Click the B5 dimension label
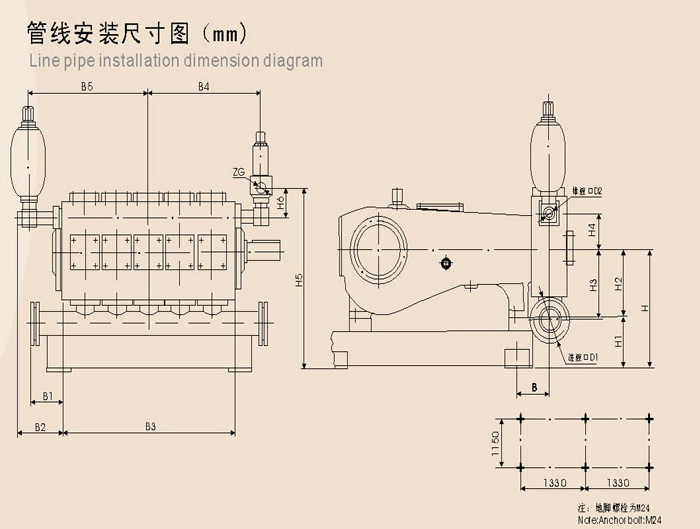pos(87,88)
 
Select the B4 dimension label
pos(203,88)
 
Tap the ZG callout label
pos(238,172)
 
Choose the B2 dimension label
pos(40,427)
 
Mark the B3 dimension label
pos(150,427)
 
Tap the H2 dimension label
pos(619,283)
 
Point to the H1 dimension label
pos(618,342)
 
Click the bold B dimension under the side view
pos(535,386)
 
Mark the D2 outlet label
pos(592,191)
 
